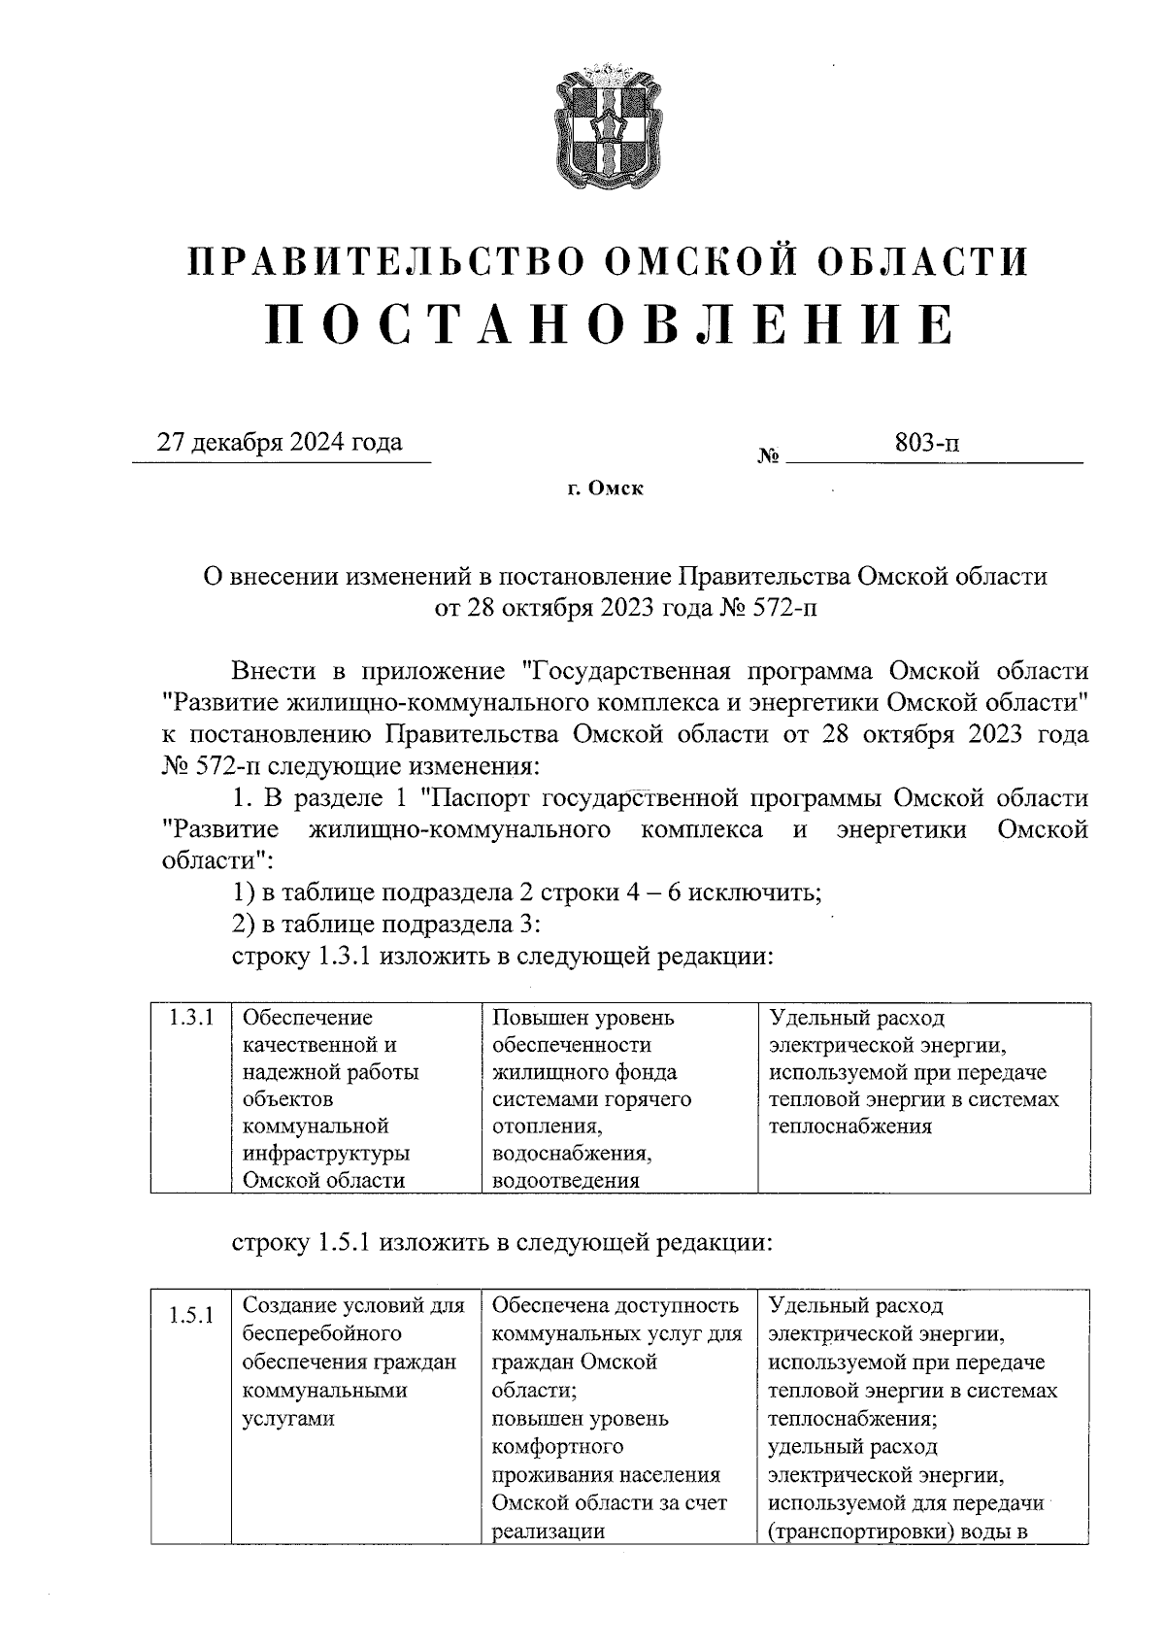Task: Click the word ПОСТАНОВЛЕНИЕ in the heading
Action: [610, 324]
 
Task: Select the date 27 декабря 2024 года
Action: [281, 443]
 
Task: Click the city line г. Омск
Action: [606, 488]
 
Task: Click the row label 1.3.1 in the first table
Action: [190, 1019]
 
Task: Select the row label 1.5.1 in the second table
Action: [190, 1318]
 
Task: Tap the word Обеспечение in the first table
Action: [307, 1018]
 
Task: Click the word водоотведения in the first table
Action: [566, 1181]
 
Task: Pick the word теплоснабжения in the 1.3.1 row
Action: [849, 1127]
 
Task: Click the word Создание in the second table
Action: [291, 1306]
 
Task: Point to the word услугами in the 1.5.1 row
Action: [287, 1419]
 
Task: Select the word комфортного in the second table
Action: [557, 1447]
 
